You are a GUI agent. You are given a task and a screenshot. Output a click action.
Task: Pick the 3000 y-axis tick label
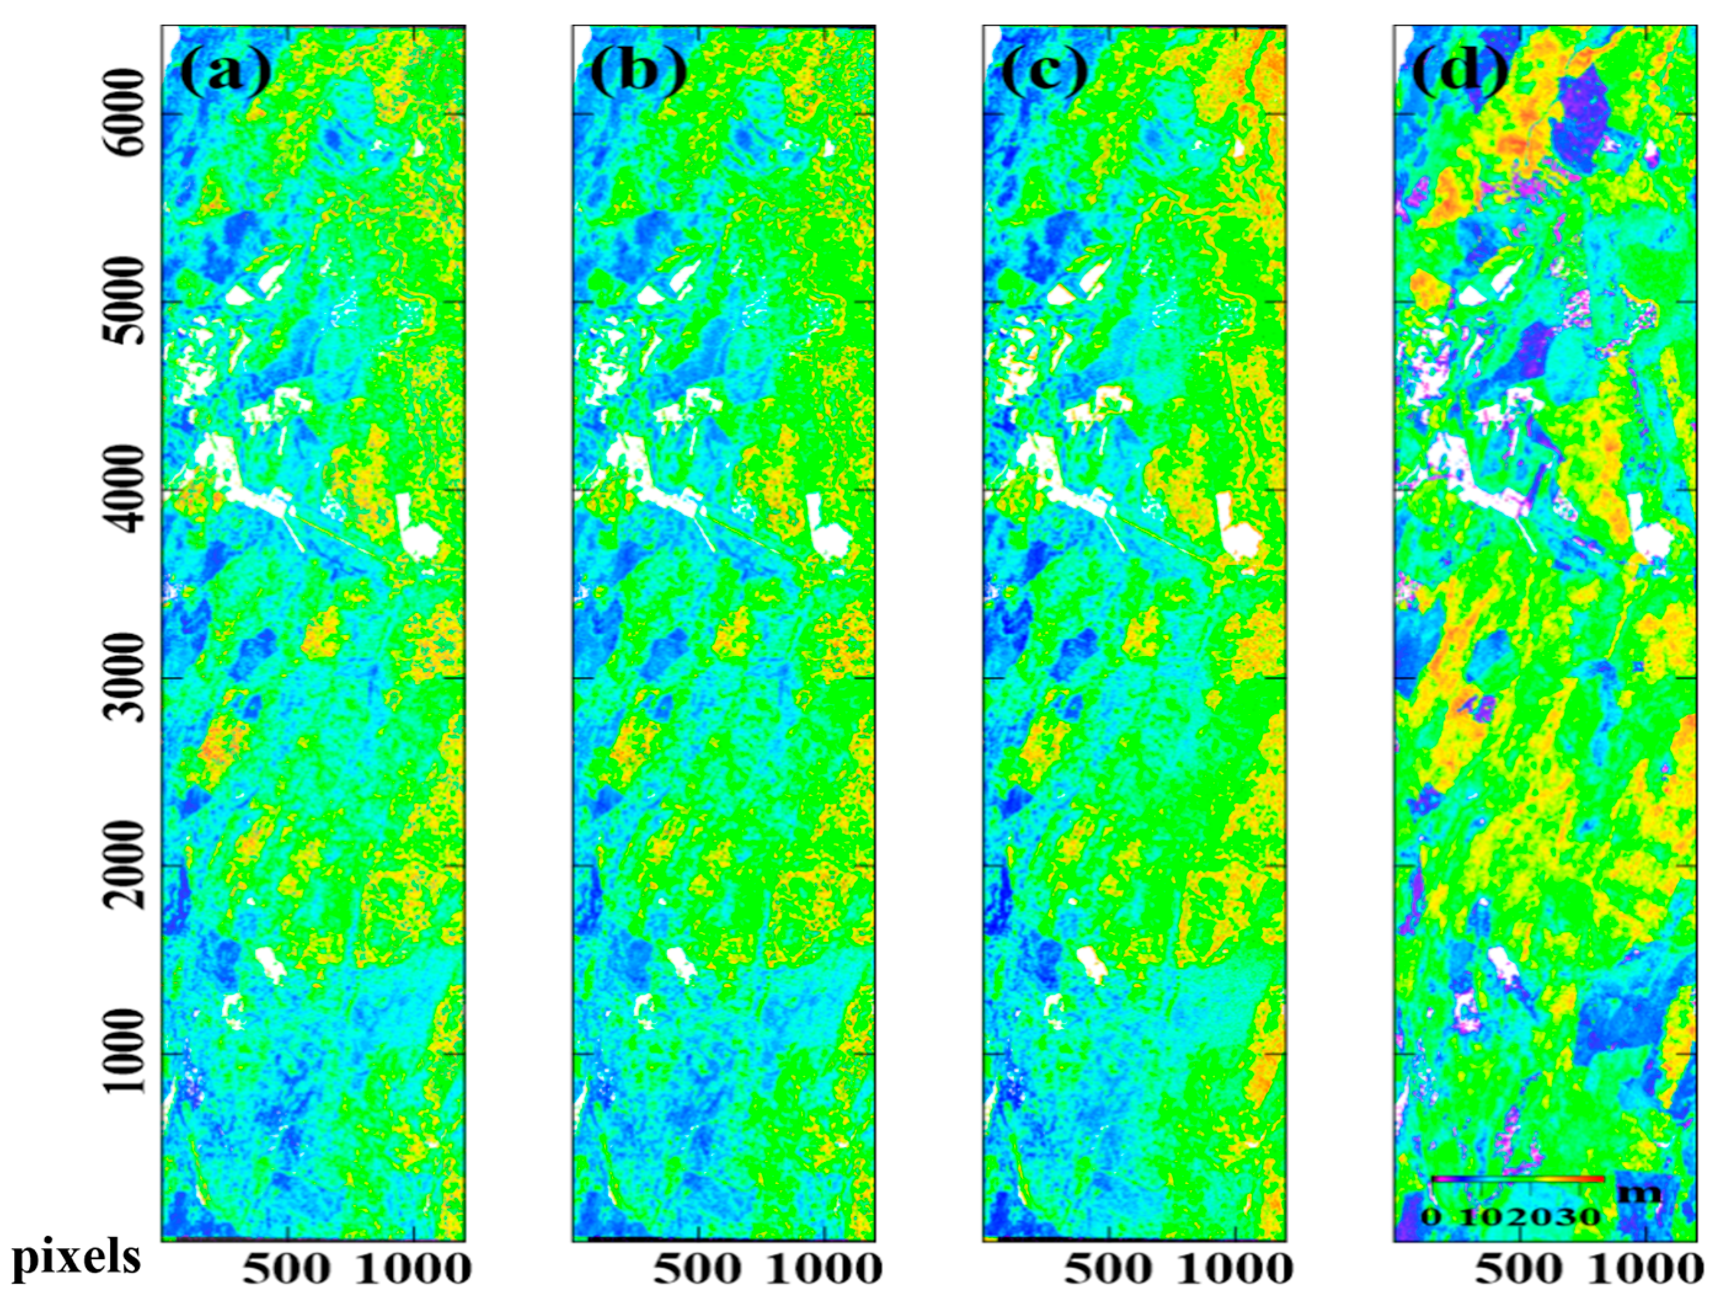click(x=125, y=678)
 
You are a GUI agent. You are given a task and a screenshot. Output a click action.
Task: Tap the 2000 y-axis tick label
click(x=125, y=866)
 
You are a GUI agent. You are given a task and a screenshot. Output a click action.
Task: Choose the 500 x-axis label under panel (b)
click(x=697, y=1270)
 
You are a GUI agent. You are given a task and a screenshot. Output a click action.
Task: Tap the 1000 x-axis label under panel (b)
click(x=824, y=1270)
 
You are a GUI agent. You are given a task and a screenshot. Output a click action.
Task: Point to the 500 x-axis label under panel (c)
click(x=1107, y=1270)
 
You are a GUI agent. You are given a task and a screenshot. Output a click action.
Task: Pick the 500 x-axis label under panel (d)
click(x=1518, y=1270)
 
